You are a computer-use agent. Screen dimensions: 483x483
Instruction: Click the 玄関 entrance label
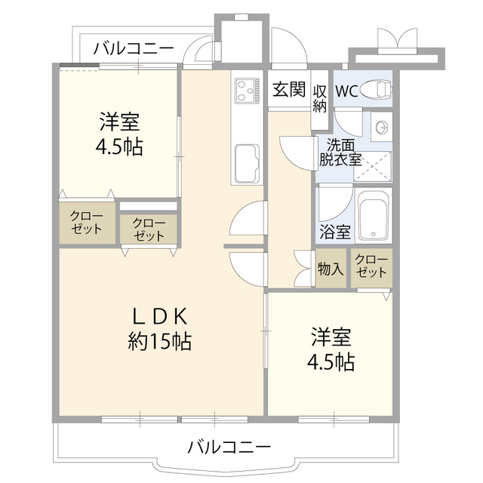[289, 90]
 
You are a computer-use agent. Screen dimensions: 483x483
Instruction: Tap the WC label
[346, 91]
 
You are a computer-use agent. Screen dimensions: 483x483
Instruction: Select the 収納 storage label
[320, 97]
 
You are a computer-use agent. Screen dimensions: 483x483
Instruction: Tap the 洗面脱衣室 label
[340, 152]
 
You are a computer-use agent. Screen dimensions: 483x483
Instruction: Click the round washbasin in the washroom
[381, 125]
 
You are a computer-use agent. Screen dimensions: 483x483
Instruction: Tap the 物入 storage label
[331, 269]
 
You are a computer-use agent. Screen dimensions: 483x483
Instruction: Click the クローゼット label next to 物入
[371, 266]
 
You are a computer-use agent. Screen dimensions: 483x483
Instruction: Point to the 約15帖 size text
[159, 342]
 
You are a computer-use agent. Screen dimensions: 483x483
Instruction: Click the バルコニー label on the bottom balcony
[229, 446]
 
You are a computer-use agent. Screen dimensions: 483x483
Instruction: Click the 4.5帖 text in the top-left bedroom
[119, 145]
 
